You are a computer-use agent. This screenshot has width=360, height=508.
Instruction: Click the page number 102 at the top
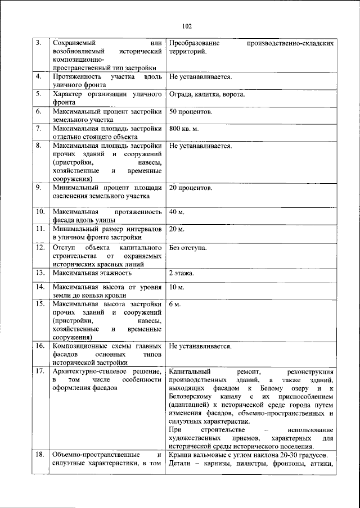click(187, 26)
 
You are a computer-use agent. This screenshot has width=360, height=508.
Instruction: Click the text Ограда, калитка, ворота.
click(206, 94)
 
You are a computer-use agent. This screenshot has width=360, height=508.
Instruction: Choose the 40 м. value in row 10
click(177, 212)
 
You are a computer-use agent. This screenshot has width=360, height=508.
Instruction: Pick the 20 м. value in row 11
click(177, 230)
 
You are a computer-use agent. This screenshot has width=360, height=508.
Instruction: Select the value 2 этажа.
click(182, 273)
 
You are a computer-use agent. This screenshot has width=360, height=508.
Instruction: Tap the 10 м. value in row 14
click(177, 287)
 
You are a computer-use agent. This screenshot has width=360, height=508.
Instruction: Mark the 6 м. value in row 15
click(175, 304)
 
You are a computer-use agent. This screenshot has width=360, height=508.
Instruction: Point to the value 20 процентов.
click(191, 188)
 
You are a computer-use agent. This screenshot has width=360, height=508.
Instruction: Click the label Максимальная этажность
click(92, 273)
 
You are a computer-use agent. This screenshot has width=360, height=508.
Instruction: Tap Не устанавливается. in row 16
click(200, 347)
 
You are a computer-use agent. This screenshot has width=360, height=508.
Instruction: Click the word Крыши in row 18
click(180, 455)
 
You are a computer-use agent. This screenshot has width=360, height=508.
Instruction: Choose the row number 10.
click(40, 212)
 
